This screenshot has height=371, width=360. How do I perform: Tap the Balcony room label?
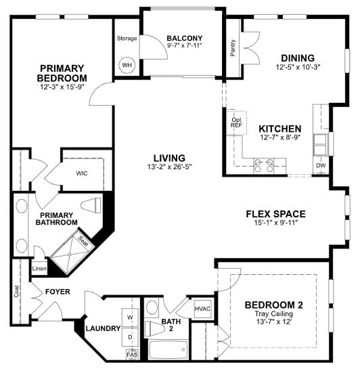pyautogui.click(x=185, y=38)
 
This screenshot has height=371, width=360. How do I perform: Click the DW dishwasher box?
pyautogui.click(x=320, y=165)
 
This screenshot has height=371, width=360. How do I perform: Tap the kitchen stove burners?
pyautogui.click(x=263, y=162)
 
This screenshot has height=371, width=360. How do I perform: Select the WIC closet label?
pyautogui.click(x=83, y=173)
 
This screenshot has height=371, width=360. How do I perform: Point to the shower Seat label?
pyautogui.click(x=83, y=240)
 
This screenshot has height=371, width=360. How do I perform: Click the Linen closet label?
pyautogui.click(x=39, y=269)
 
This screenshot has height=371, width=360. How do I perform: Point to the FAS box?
pyautogui.click(x=131, y=354)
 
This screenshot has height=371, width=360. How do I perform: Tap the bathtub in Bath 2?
pyautogui.click(x=166, y=351)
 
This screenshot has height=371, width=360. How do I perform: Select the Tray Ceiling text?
pyautogui.click(x=273, y=313)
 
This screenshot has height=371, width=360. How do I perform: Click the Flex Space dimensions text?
pyautogui.click(x=275, y=225)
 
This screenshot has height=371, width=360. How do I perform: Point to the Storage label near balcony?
pyautogui.click(x=127, y=38)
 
